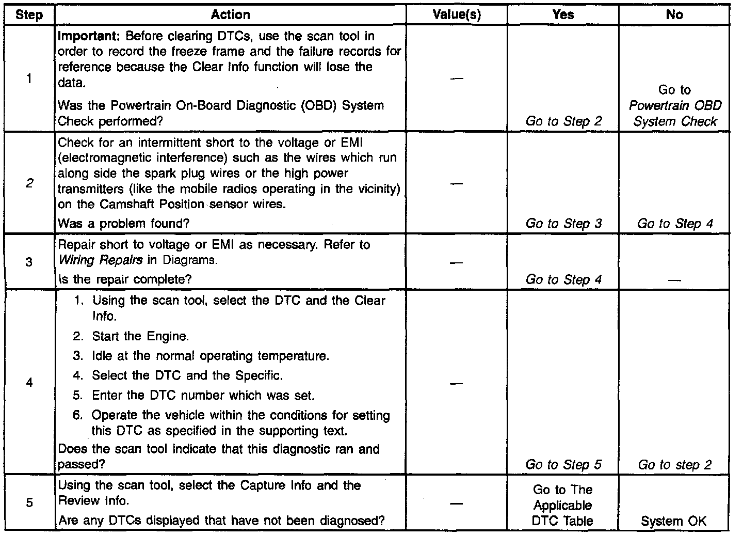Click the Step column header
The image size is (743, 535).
pos(29,15)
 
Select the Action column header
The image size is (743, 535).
pos(230,15)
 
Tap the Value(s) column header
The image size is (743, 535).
pos(457,15)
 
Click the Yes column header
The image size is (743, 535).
pos(563,15)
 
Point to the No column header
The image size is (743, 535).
pos(674,15)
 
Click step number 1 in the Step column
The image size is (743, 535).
pos(29,78)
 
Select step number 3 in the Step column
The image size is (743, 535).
pos(29,262)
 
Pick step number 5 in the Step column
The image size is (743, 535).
pos(29,502)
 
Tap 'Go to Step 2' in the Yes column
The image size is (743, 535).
pos(563,121)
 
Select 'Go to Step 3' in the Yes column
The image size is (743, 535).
pos(563,224)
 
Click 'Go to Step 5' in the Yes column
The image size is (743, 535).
pos(563,465)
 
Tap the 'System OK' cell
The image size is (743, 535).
pos(673,522)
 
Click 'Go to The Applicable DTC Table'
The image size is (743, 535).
pos(563,506)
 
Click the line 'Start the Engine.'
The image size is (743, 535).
pos(140,337)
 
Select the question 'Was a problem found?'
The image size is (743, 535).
pos(123,224)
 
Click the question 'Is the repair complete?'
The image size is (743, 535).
pos(125,279)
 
